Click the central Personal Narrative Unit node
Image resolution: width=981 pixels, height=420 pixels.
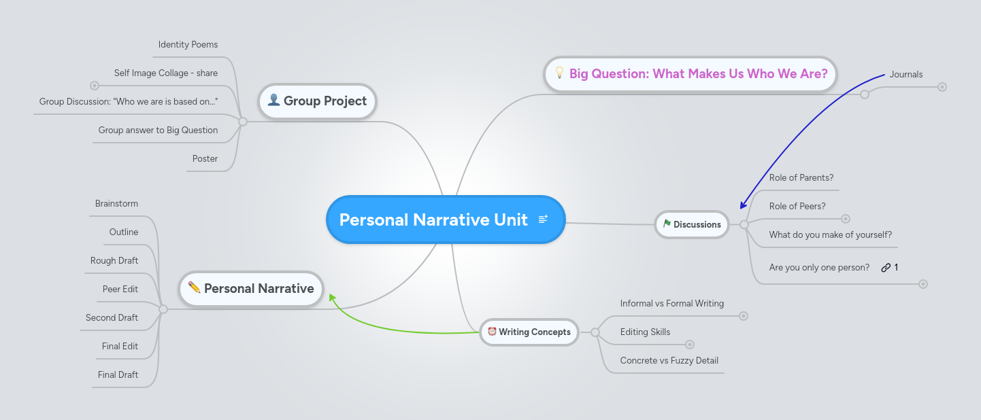(x=433, y=220)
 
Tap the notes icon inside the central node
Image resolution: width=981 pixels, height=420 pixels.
(x=543, y=219)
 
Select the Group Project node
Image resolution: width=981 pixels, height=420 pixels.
(x=317, y=101)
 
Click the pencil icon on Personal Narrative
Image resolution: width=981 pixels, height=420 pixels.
(x=194, y=287)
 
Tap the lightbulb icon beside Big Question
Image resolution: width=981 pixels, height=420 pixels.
(x=560, y=73)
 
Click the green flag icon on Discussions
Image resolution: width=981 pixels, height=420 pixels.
(x=667, y=224)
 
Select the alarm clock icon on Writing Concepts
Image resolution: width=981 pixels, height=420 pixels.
(x=491, y=332)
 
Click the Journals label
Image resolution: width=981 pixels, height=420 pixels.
(x=905, y=74)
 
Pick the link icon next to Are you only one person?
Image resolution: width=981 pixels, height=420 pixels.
(x=886, y=268)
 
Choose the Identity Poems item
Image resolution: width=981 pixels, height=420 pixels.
(x=188, y=45)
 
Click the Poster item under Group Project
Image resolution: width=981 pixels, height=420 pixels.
(x=205, y=159)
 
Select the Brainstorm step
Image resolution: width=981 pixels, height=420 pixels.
(x=116, y=204)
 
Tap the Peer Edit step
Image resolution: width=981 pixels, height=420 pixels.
(x=120, y=290)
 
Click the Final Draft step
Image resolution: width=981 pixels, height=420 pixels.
(x=118, y=375)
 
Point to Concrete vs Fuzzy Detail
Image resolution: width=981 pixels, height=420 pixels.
(x=669, y=361)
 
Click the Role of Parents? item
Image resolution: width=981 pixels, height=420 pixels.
(x=801, y=178)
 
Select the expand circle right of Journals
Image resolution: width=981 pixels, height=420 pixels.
(x=942, y=87)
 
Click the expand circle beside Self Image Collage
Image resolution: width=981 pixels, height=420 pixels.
(x=95, y=86)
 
